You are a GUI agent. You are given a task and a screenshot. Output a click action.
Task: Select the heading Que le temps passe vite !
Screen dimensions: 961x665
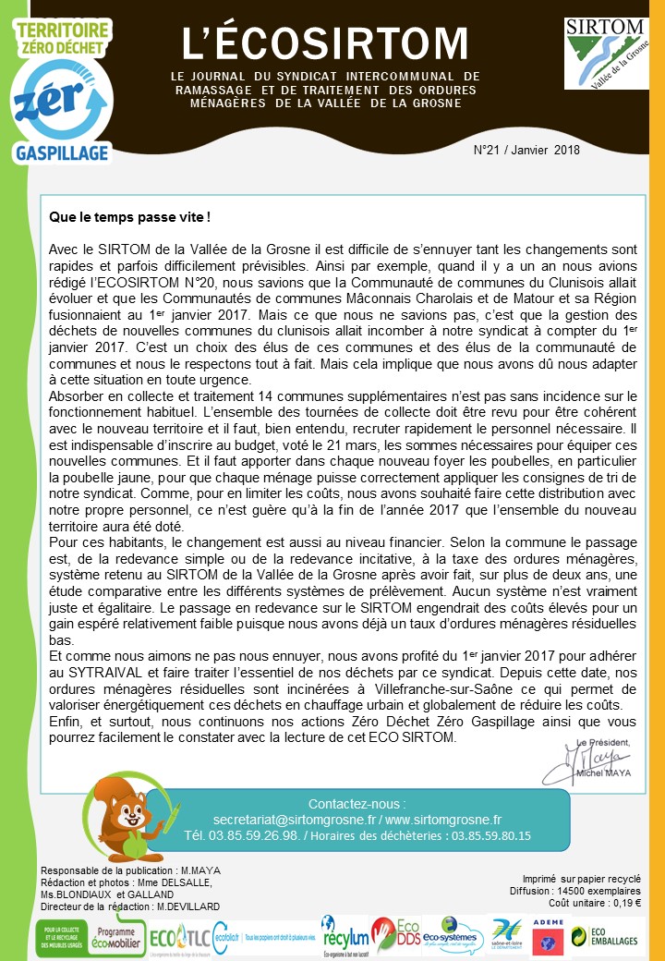pyautogui.click(x=129, y=218)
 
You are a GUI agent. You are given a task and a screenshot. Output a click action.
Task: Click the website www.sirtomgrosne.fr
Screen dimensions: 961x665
pyautogui.click(x=442, y=819)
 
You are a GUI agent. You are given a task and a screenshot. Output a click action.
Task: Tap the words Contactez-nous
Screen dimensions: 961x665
pyautogui.click(x=356, y=803)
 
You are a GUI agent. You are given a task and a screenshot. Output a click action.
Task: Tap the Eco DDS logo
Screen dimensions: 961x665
pyautogui.click(x=395, y=935)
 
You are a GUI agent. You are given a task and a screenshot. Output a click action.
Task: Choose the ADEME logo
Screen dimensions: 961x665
pyautogui.click(x=549, y=935)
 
